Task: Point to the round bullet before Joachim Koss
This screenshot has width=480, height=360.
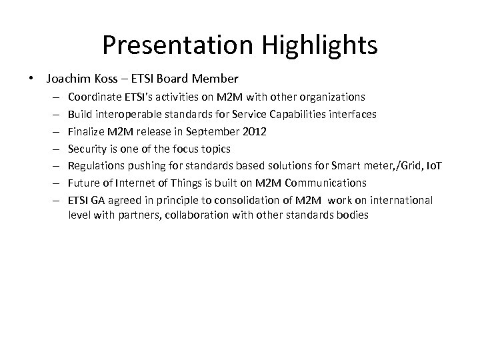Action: [x=33, y=79]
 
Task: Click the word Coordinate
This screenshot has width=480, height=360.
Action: [x=93, y=97]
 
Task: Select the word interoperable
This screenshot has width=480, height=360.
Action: [x=123, y=115]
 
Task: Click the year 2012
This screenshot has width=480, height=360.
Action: [x=255, y=131]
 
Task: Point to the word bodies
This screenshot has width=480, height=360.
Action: [x=354, y=215]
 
